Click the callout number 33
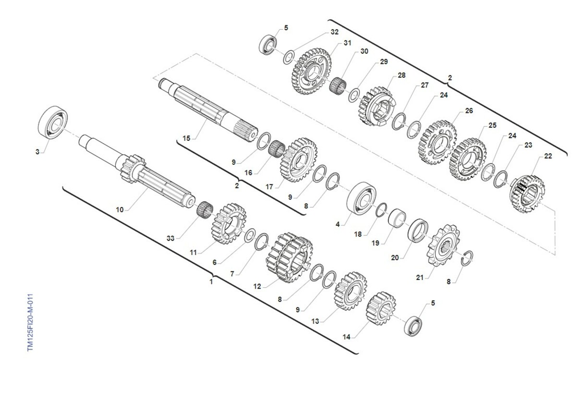click(x=170, y=238)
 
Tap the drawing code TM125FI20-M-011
click(x=30, y=322)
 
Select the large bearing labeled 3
click(x=53, y=122)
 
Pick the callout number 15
click(x=186, y=138)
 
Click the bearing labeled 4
click(x=361, y=198)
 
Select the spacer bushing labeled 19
click(x=397, y=218)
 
